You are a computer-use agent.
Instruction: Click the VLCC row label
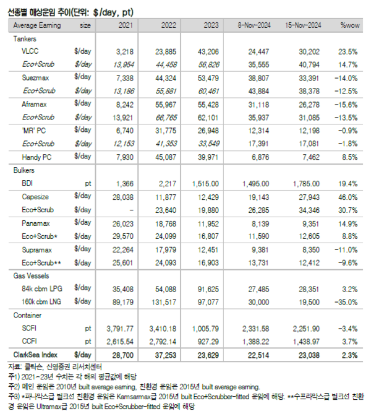pyautogui.click(x=31, y=51)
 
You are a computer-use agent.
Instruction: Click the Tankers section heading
pyautogui.click(x=25, y=38)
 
